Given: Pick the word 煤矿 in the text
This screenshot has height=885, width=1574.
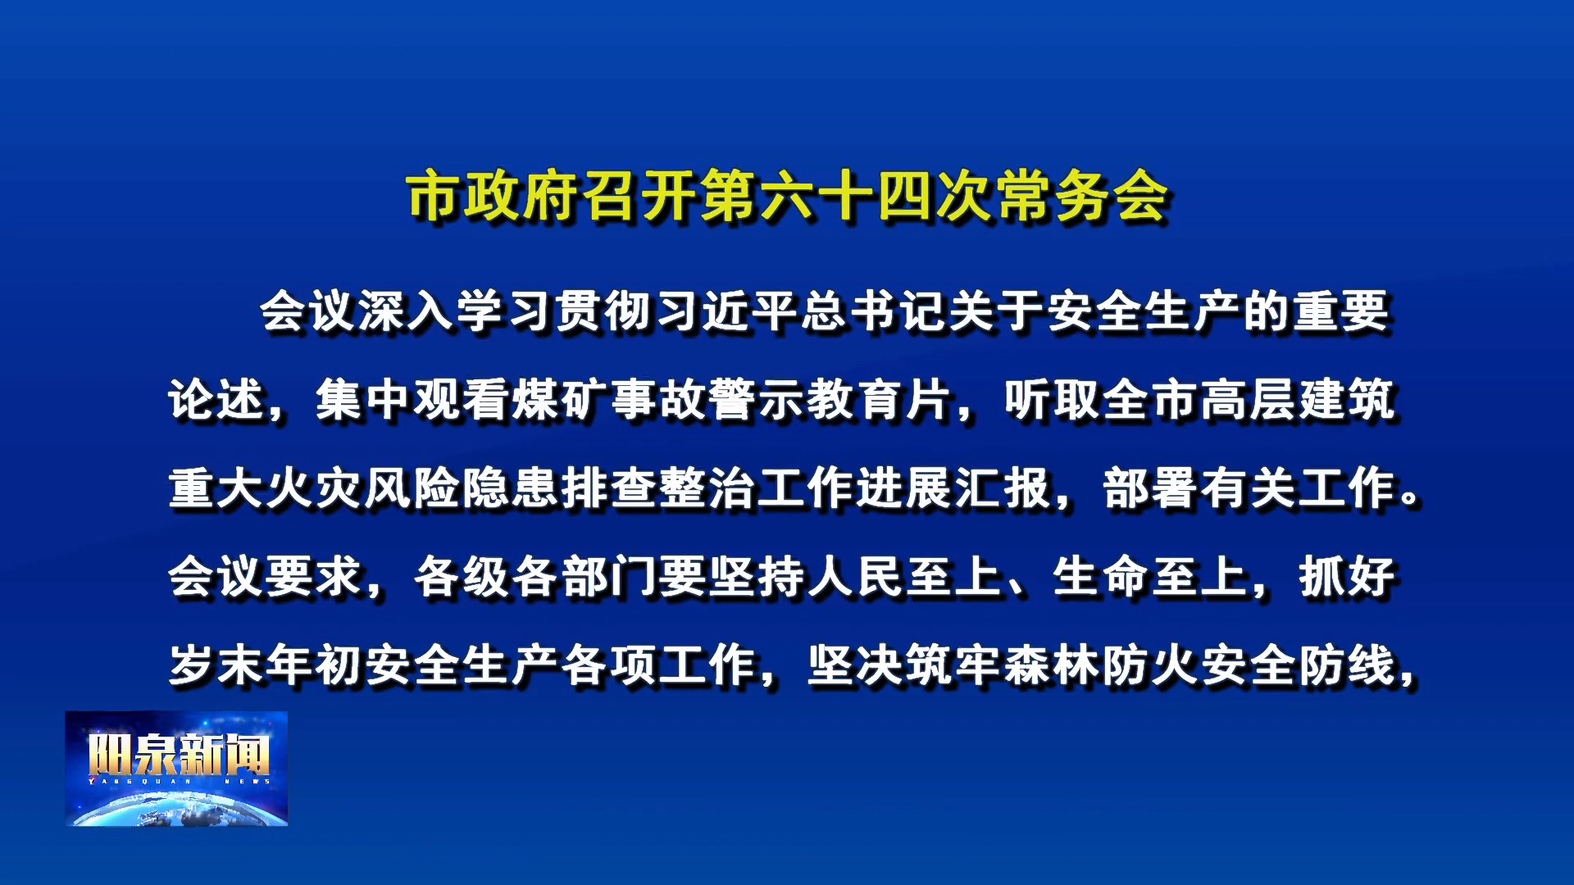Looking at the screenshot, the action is [560, 401].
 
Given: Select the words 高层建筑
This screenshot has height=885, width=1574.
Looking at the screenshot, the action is [1298, 401].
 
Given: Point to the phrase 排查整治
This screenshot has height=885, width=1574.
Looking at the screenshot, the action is [658, 489].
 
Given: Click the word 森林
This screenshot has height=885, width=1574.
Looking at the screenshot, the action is [1052, 666].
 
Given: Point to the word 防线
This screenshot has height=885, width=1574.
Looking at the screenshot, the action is [1347, 666].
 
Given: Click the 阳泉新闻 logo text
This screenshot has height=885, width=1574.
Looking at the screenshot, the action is [178, 754].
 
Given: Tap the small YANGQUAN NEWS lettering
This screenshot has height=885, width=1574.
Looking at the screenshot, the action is [178, 782].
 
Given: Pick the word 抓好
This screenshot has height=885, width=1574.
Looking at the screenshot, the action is [1347, 578].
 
